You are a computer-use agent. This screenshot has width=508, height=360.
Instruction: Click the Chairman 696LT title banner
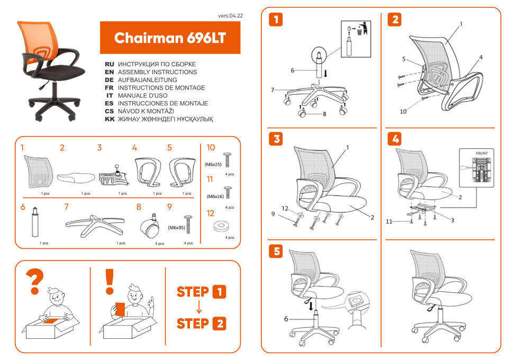tap(170, 38)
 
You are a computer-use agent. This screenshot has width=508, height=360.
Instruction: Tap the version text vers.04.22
tap(231, 16)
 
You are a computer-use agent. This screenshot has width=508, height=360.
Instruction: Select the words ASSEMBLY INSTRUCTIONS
tap(157, 72)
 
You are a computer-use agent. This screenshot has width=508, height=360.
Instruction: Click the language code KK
tap(110, 120)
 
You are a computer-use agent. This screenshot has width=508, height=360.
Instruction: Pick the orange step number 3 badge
tap(276, 139)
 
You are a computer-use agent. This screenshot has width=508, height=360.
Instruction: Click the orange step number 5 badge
tap(276, 251)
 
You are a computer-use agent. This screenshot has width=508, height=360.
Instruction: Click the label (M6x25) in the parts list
tap(213, 165)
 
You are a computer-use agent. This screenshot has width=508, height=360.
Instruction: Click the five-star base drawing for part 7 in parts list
tap(95, 224)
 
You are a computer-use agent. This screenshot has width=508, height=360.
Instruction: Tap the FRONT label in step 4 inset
tap(482, 154)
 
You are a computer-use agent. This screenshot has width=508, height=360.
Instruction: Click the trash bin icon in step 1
tap(362, 29)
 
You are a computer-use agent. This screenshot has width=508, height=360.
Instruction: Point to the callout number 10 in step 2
tap(403, 112)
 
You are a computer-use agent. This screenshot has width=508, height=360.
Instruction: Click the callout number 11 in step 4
tap(389, 222)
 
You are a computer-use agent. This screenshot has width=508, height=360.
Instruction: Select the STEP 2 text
tap(202, 323)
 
